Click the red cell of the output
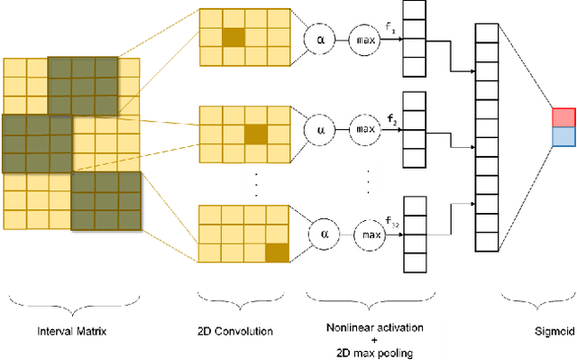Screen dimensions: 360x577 point(563,117)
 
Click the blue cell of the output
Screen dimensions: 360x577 point(563,136)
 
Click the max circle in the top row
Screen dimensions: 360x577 point(365,41)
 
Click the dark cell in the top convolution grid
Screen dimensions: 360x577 point(234,37)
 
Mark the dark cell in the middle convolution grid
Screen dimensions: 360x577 point(256,134)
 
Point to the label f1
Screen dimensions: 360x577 point(389,29)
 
